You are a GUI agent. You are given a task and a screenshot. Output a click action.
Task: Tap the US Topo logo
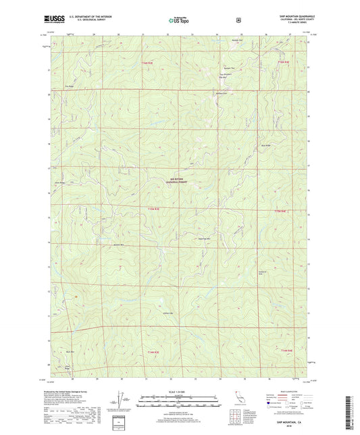tap(179, 21)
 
